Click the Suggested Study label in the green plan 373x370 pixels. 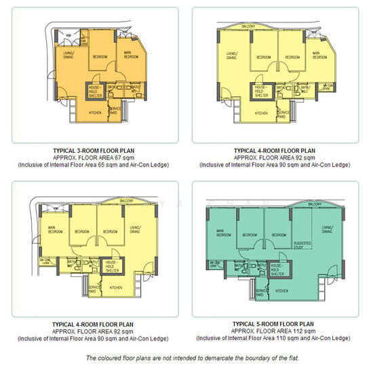click(302, 244)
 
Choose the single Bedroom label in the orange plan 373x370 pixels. click(100, 56)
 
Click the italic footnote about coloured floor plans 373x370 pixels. click(186, 358)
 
